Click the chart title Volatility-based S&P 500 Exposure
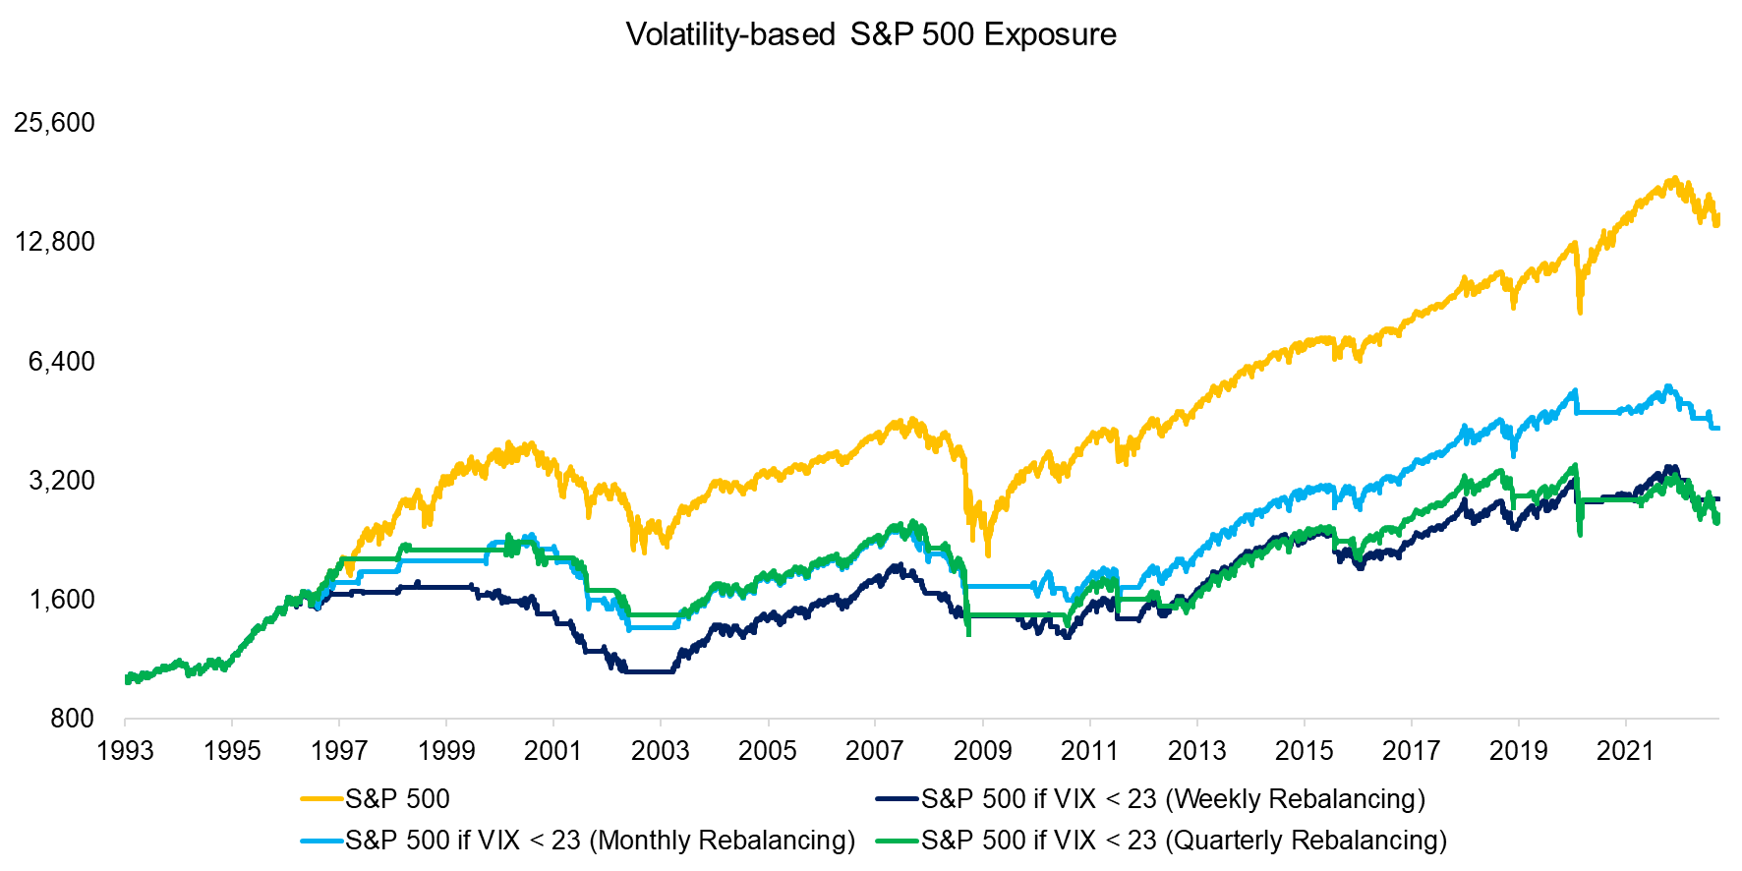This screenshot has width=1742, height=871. [871, 34]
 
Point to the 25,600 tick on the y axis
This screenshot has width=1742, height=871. [55, 123]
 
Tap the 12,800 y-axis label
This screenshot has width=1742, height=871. [55, 242]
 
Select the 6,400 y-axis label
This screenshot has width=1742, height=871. [62, 362]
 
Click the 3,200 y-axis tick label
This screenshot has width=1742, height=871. [62, 481]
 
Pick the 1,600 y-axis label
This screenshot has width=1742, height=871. [62, 600]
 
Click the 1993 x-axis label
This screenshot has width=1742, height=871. [125, 751]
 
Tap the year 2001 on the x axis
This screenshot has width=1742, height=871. [553, 751]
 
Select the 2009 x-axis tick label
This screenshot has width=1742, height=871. [982, 751]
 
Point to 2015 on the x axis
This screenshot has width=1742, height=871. [1304, 751]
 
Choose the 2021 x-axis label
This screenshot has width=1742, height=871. [1625, 751]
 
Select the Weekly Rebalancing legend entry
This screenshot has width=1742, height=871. [1173, 799]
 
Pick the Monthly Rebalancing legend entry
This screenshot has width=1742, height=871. [600, 841]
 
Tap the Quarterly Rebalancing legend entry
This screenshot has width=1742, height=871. [1184, 841]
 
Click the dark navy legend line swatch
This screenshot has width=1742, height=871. [898, 799]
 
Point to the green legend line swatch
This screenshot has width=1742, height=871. [898, 841]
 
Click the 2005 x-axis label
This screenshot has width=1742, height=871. [768, 751]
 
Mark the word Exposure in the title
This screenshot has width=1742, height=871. [1050, 34]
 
